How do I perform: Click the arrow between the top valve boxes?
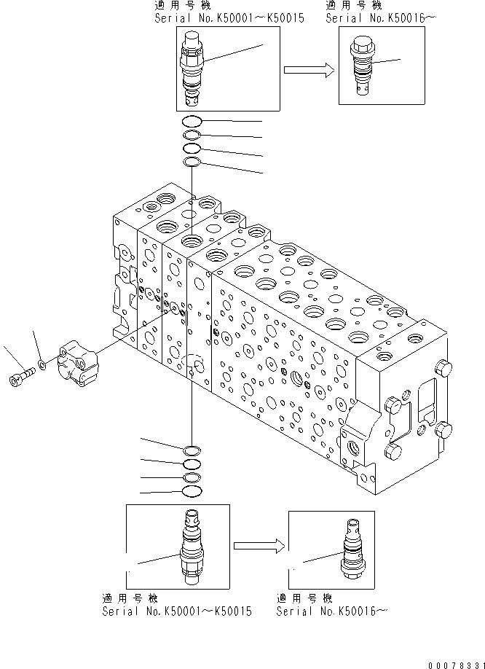308,70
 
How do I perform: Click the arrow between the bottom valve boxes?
258,544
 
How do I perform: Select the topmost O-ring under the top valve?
192,122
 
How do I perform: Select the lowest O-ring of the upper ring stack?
192,161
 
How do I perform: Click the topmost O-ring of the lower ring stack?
192,450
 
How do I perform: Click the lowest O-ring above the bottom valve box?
192,490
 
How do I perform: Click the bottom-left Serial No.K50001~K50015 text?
177,611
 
